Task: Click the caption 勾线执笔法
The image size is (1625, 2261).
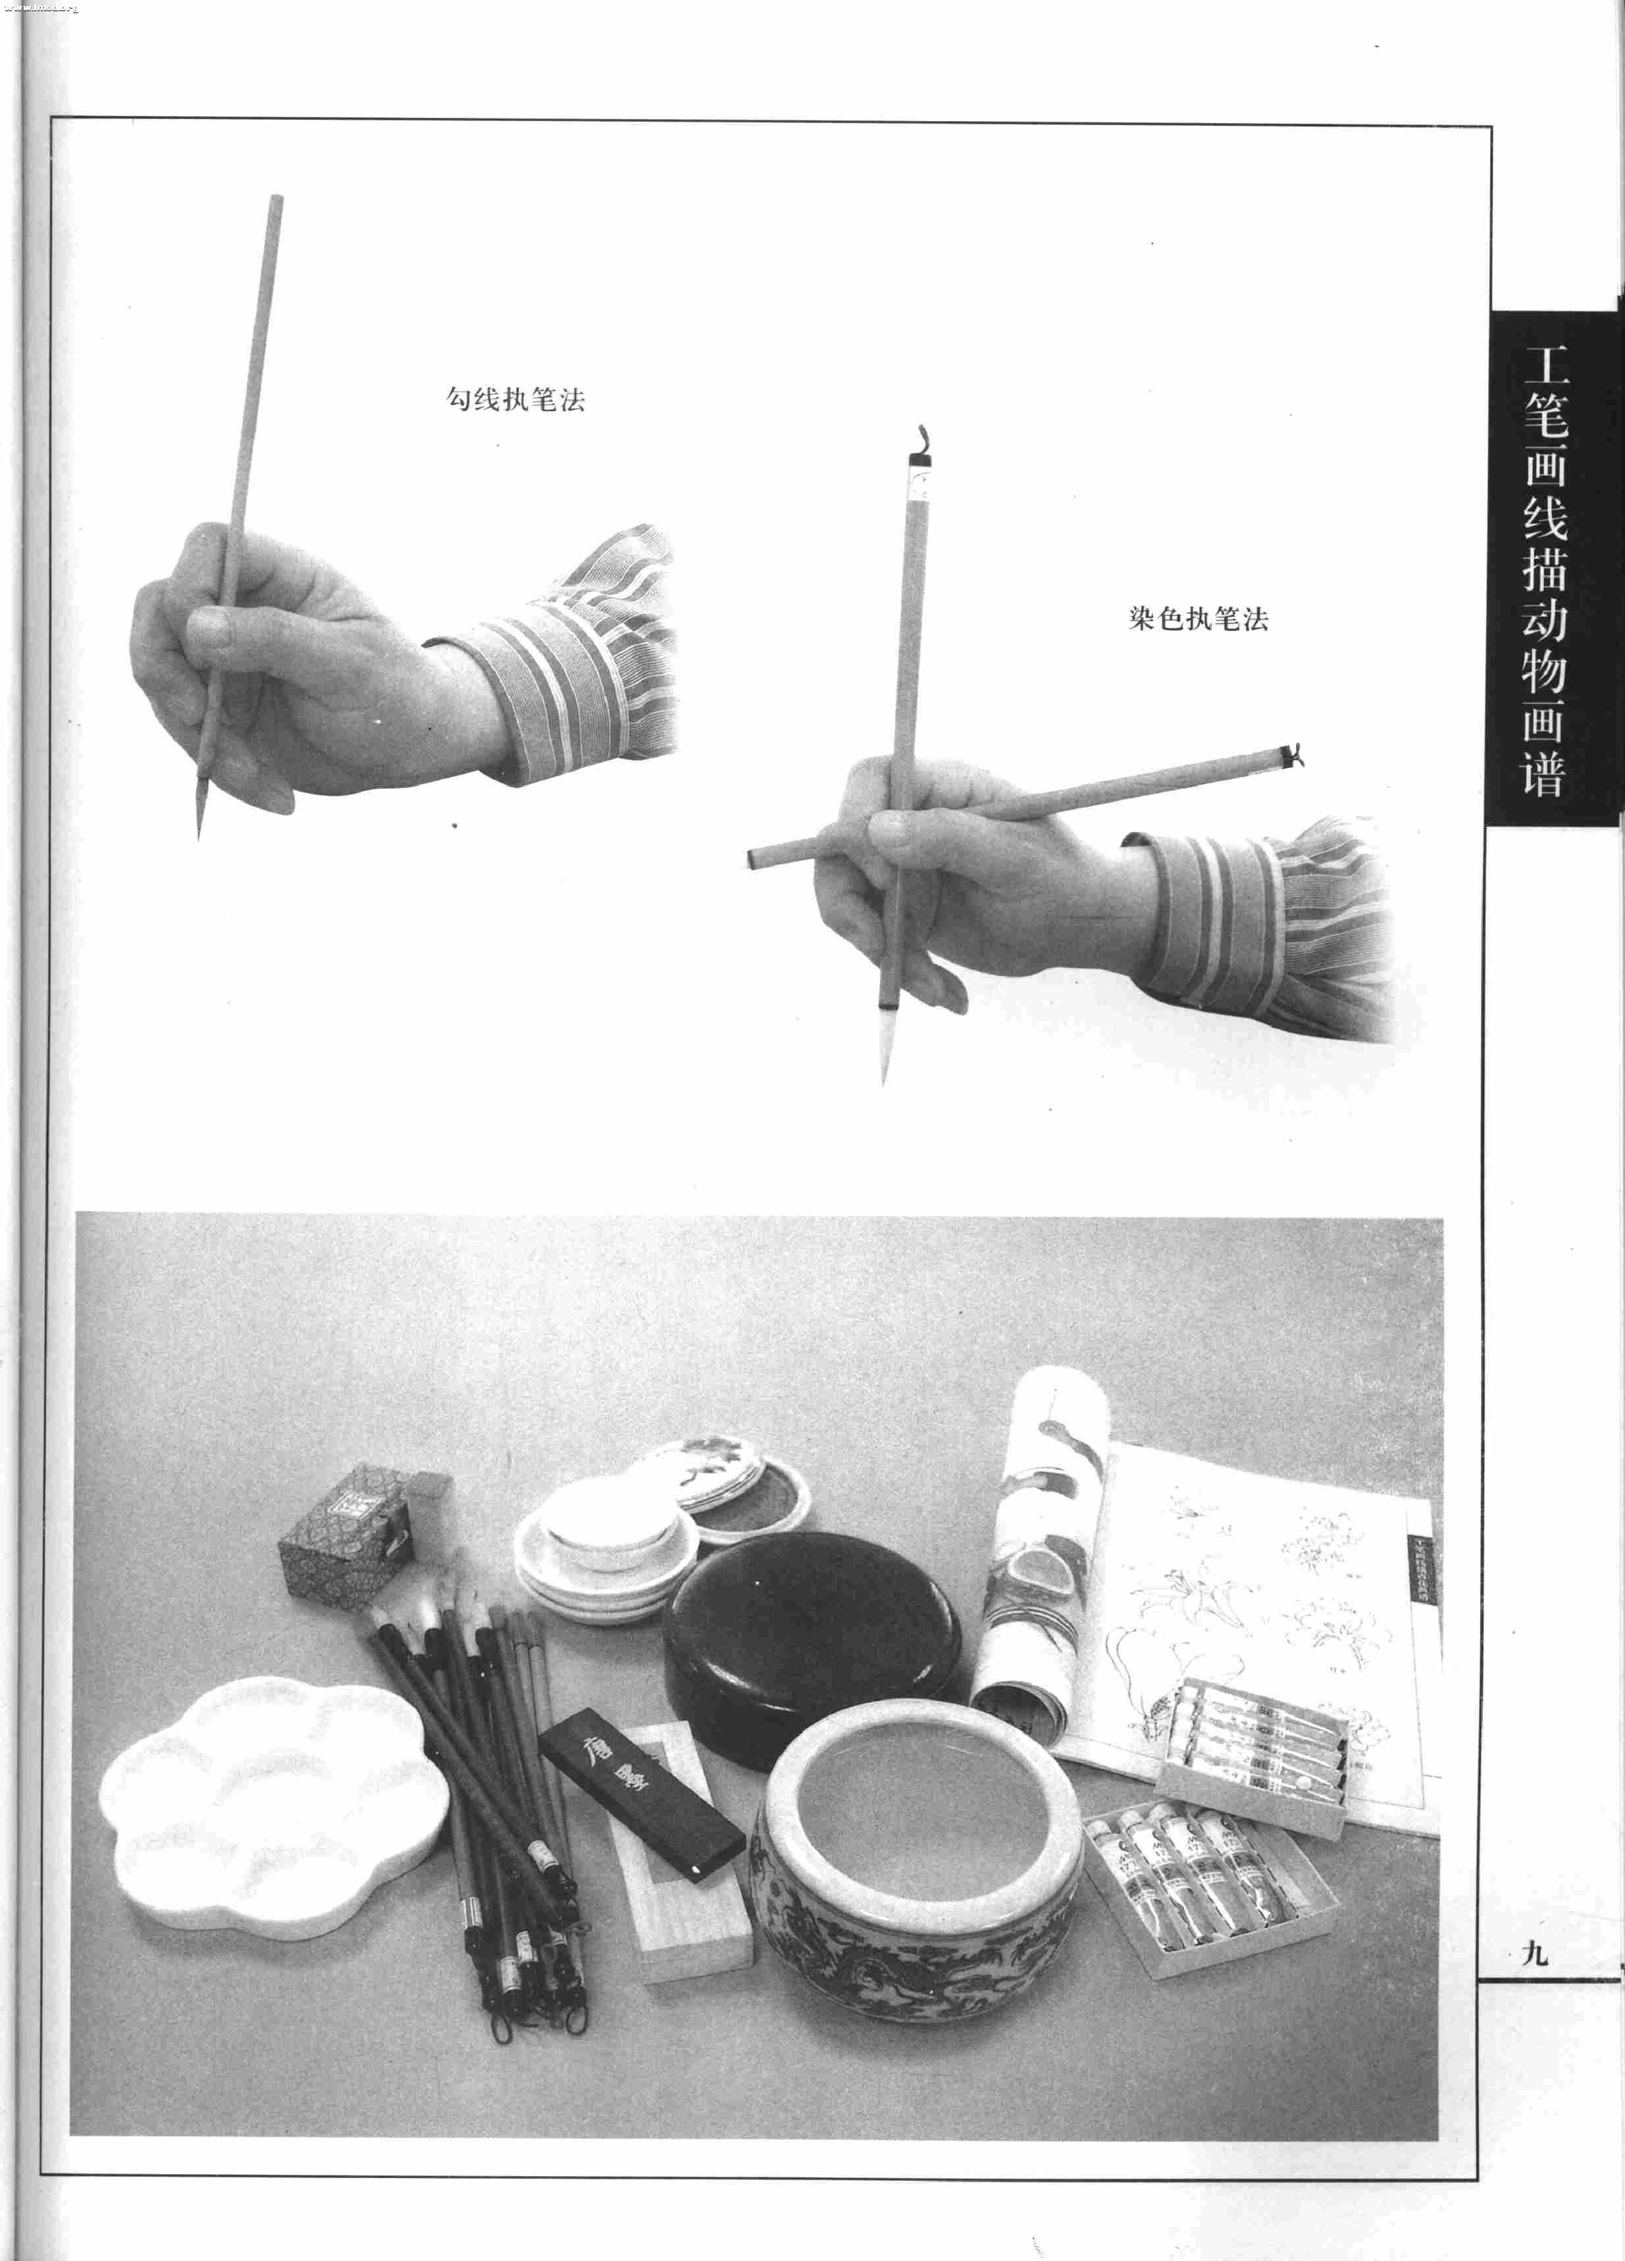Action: coord(515,401)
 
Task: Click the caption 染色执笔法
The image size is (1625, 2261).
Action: coord(1199,619)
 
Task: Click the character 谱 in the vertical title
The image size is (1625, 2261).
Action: coord(1543,771)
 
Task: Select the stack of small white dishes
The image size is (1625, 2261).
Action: coord(598,1555)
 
